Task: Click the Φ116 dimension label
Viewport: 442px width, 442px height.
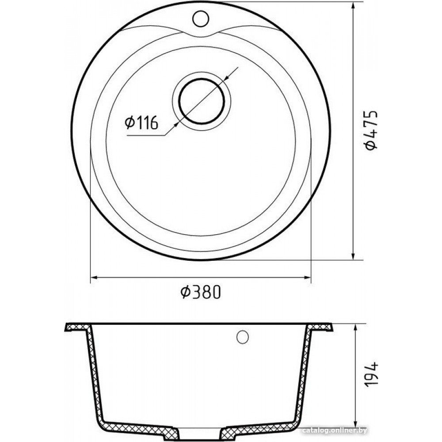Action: pyautogui.click(x=141, y=122)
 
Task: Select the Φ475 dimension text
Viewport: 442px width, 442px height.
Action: pyautogui.click(x=370, y=130)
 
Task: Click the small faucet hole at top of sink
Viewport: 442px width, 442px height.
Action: pyautogui.click(x=201, y=19)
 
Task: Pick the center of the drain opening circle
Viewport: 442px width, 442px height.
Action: pyautogui.click(x=202, y=101)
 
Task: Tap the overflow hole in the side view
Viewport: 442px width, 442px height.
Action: pyautogui.click(x=242, y=336)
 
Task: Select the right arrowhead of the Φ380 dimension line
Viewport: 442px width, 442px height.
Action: pyautogui.click(x=307, y=278)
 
